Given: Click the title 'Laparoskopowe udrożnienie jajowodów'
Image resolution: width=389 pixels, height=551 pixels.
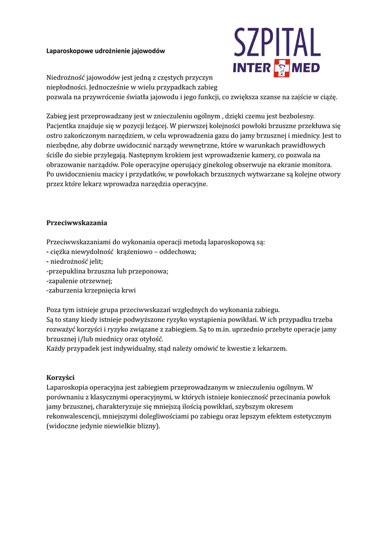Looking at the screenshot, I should point(106,51).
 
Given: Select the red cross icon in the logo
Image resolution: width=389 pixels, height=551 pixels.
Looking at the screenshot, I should point(282,68).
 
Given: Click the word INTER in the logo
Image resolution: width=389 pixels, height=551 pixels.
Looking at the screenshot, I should point(253,68).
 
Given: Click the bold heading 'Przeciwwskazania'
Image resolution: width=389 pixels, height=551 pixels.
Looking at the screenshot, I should point(77,222).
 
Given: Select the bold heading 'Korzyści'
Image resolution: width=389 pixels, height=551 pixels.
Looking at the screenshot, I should point(61,377).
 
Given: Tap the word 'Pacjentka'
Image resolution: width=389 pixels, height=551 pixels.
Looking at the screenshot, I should point(63,126).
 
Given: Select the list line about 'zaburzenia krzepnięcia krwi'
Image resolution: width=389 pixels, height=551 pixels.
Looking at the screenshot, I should point(91,291).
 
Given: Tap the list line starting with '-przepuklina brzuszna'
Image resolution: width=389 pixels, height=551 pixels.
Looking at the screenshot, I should point(107,271).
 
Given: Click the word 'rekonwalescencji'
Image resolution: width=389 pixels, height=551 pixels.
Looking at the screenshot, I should point(73,416).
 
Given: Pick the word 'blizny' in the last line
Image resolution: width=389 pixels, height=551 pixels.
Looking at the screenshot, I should point(147,426).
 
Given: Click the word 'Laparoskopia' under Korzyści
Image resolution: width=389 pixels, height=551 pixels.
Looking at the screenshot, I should point(67,387).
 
